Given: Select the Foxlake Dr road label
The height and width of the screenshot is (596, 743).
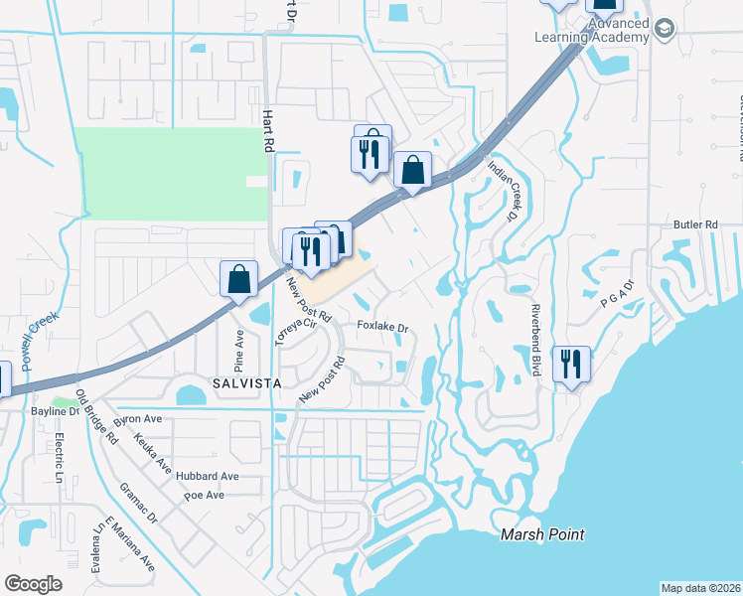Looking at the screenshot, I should [x=383, y=326].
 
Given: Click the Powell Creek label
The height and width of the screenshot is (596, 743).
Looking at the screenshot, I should [x=37, y=342].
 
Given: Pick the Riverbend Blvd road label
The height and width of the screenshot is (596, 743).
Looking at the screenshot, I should [x=534, y=339].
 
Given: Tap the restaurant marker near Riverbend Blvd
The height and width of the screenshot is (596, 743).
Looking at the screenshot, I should [x=571, y=365].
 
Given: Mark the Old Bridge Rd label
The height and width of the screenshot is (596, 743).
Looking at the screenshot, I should [x=98, y=416].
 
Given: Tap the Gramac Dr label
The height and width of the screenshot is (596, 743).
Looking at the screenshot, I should [x=138, y=503].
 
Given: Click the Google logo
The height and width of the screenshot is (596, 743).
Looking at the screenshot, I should [x=33, y=584].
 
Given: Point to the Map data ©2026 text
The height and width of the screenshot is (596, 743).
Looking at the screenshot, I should [x=700, y=587].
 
